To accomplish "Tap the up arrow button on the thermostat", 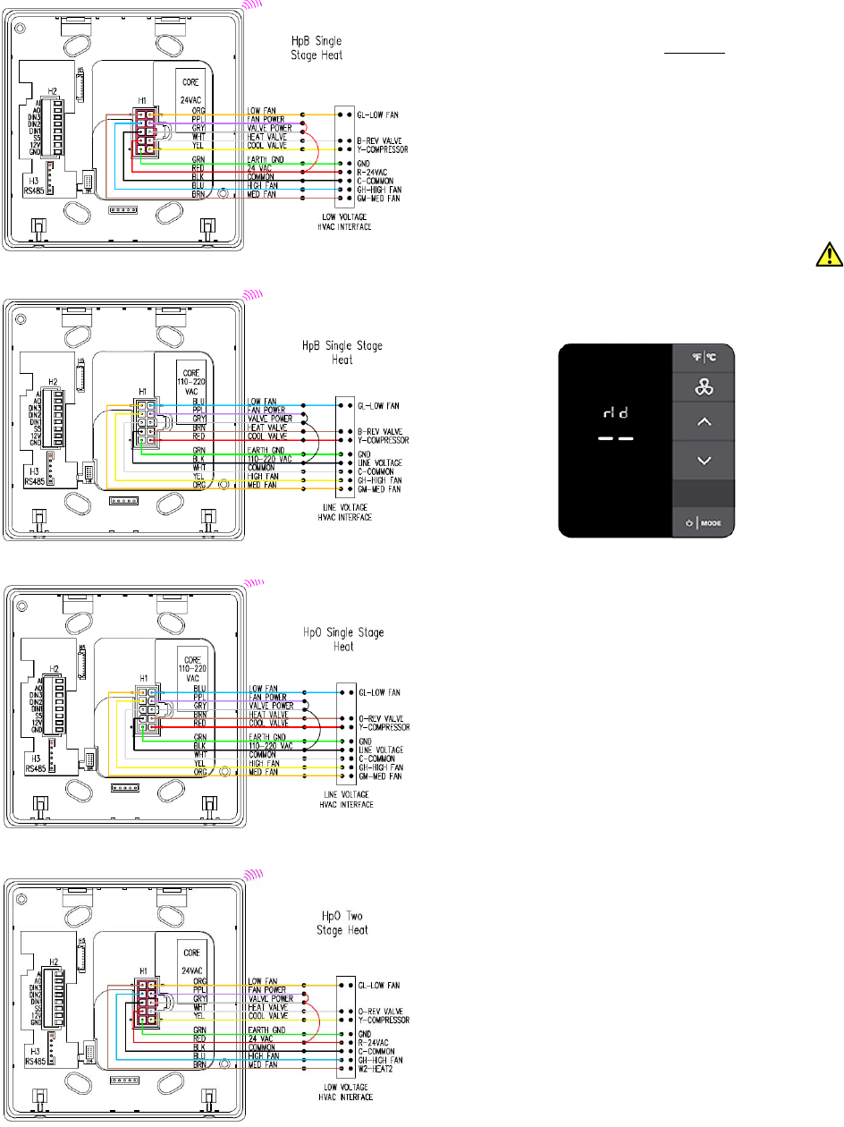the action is (703, 422).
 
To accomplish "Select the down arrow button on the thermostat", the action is (703, 460).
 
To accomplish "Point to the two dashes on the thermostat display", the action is (616, 439).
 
